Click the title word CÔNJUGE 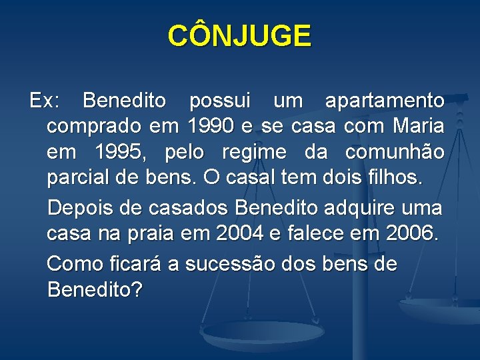tap(239, 36)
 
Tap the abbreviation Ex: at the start tap(45, 101)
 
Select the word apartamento tap(385, 101)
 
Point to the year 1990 tap(211, 126)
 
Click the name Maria tap(419, 126)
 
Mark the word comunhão tap(395, 153)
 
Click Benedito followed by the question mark tap(95, 291)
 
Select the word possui tap(220, 101)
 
